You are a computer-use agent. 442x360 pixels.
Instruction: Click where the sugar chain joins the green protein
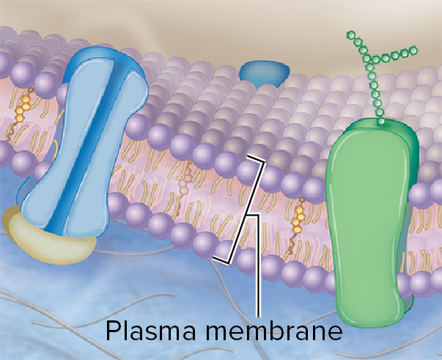381,120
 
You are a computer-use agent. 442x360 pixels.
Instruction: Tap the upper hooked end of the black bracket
249,156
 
